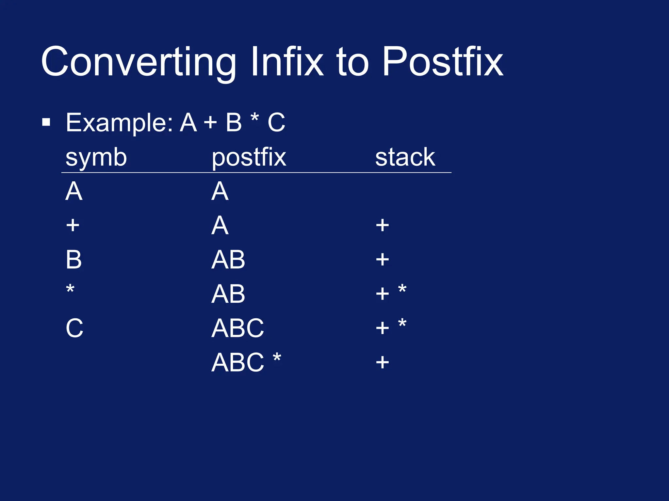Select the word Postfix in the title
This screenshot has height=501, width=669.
(443, 62)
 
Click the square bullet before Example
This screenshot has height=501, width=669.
(46, 123)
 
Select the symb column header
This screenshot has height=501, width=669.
(96, 158)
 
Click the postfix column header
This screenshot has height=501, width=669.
(249, 158)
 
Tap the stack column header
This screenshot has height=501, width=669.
(405, 157)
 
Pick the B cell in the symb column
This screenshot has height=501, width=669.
(73, 260)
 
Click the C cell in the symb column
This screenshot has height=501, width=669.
(74, 328)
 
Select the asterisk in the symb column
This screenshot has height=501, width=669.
(70, 289)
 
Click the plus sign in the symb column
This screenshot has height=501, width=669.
(73, 225)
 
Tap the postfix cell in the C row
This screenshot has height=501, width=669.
(237, 328)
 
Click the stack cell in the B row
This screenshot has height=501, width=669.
(382, 260)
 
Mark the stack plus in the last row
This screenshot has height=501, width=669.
(382, 362)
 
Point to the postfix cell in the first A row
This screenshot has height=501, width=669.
(220, 191)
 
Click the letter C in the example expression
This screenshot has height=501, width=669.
(276, 123)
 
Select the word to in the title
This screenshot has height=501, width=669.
(353, 62)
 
